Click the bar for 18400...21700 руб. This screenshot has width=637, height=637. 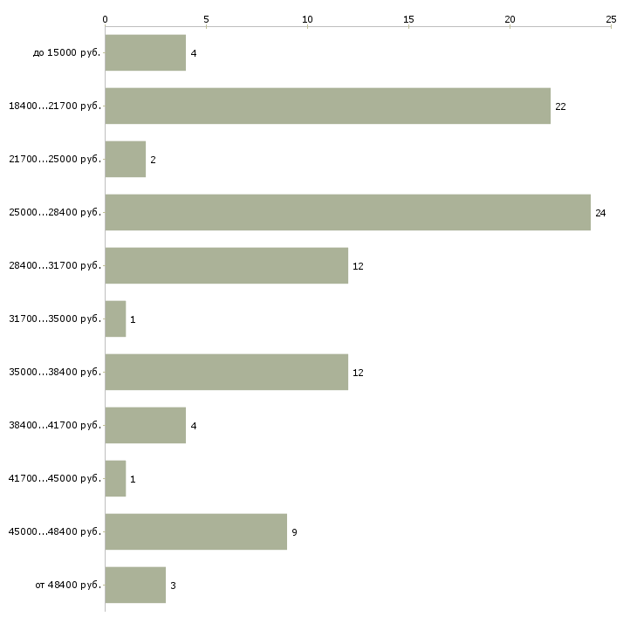327,106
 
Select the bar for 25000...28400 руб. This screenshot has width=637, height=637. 347,212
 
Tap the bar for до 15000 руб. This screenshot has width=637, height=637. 145,52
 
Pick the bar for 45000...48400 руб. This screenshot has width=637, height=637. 195,531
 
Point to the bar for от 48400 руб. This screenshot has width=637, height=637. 135,585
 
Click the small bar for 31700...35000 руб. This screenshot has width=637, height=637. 115,318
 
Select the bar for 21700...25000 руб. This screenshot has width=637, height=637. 125,159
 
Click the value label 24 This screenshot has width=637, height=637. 600,213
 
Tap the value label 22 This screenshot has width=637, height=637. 560,106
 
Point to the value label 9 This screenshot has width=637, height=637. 295,532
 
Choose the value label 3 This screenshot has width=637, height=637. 174,586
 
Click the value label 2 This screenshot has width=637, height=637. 153,160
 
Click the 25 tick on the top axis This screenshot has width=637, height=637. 611,18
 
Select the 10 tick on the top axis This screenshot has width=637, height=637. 307,18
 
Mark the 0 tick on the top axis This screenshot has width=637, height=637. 106,18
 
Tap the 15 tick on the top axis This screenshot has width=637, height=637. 408,18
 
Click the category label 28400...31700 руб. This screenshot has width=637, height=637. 54,265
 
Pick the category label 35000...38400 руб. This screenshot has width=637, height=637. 54,372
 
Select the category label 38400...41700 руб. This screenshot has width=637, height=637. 54,425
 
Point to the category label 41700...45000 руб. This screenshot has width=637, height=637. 54,478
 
